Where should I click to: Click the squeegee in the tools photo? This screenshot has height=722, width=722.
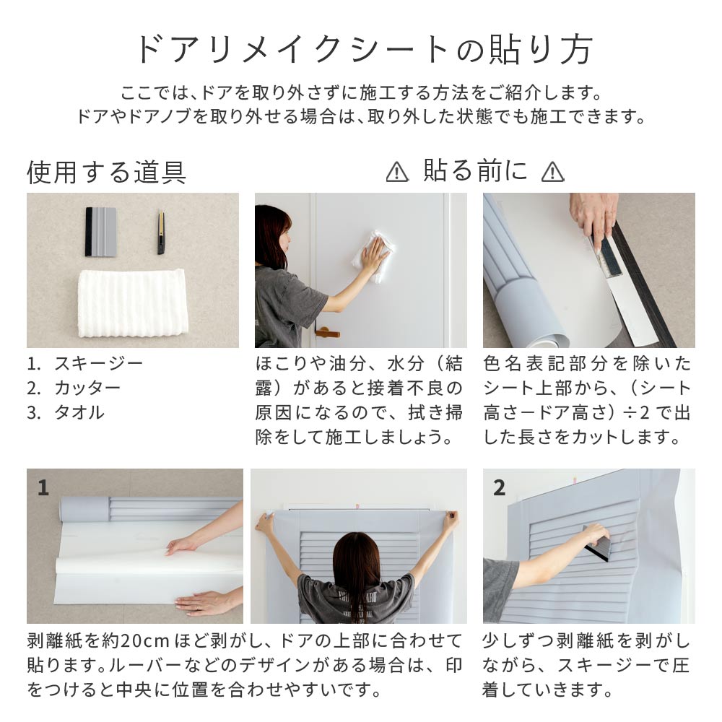pyautogui.click(x=101, y=232)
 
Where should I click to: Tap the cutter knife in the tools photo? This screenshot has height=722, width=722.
pyautogui.click(x=161, y=232)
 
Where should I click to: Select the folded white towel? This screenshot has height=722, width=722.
pyautogui.click(x=133, y=303)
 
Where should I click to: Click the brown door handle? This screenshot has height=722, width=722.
pyautogui.click(x=327, y=331)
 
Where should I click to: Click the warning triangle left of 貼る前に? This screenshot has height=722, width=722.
pyautogui.click(x=397, y=173)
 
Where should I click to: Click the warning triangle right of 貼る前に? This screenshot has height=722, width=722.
pyautogui.click(x=552, y=173)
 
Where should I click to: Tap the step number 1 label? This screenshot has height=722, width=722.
pyautogui.click(x=43, y=488)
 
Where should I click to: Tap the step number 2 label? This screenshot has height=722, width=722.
pyautogui.click(x=499, y=488)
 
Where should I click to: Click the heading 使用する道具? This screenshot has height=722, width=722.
pyautogui.click(x=106, y=173)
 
